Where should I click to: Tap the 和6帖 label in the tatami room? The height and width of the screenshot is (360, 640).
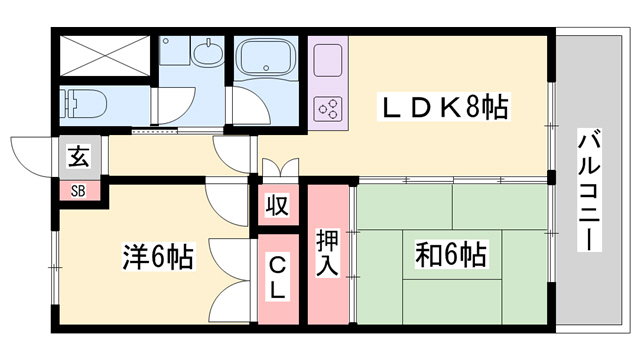click(x=451, y=255)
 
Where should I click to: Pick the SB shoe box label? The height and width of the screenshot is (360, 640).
click(x=77, y=190)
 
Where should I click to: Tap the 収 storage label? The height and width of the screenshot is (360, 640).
click(x=277, y=206)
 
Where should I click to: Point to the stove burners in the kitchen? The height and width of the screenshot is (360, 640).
click(x=328, y=108)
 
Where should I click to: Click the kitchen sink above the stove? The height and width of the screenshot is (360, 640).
click(x=328, y=60)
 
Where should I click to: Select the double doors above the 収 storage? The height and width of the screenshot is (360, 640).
click(x=277, y=169)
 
